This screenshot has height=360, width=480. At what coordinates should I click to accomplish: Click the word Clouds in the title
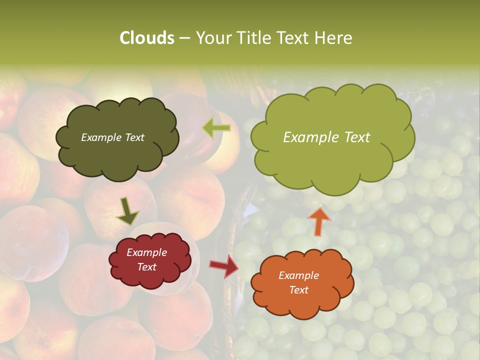(x=147, y=38)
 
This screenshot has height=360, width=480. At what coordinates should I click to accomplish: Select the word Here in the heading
(x=333, y=38)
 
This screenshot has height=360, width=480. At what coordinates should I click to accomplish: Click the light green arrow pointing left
(x=216, y=128)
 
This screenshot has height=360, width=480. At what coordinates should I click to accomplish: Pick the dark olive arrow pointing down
(x=127, y=211)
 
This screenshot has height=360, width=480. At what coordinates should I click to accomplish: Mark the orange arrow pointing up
(x=319, y=221)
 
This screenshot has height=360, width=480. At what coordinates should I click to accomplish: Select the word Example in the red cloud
(x=147, y=252)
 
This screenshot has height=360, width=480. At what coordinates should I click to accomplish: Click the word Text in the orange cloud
(x=299, y=290)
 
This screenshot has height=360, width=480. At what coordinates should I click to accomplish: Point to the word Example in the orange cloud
(x=299, y=275)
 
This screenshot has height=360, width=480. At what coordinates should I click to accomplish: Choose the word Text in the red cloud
(x=147, y=267)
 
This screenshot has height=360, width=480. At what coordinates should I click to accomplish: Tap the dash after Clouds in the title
(x=184, y=38)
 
